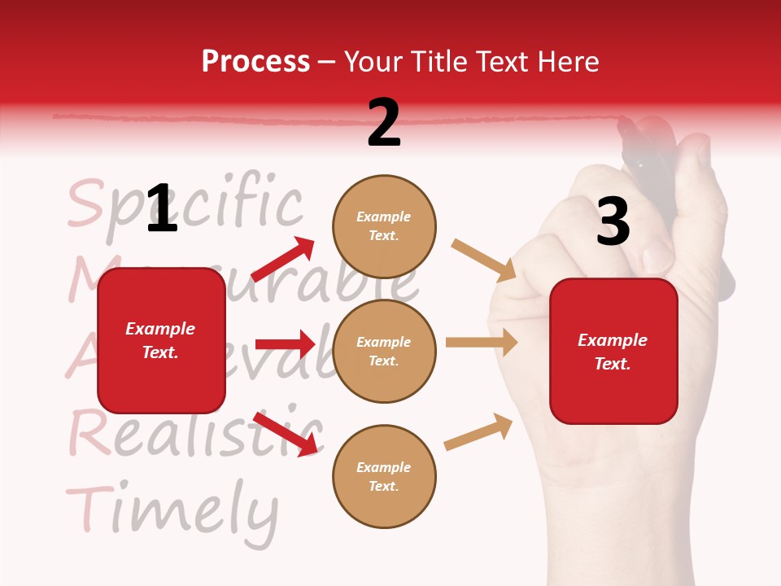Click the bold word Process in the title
click(255, 62)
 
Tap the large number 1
click(162, 208)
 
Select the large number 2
click(384, 123)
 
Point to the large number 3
click(613, 222)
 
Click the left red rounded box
click(161, 340)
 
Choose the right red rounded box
click(613, 351)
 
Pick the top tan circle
click(384, 226)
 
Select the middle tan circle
click(384, 351)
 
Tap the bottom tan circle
click(384, 476)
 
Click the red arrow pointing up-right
click(283, 260)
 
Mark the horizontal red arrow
click(285, 344)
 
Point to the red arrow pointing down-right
click(286, 434)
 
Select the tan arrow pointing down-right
click(484, 260)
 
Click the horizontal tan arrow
click(482, 342)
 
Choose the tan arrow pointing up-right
click(479, 431)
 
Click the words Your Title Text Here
click(471, 62)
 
